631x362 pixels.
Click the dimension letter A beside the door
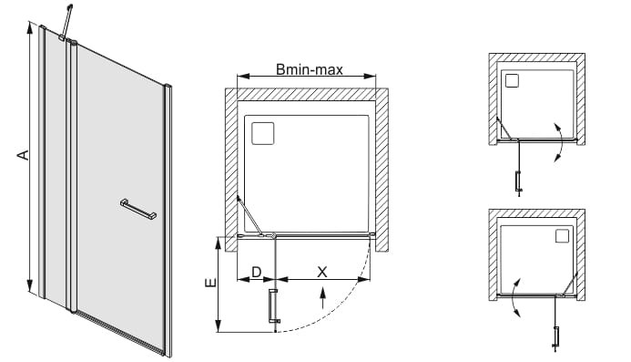pos(25,155)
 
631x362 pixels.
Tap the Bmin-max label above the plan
pos(310,69)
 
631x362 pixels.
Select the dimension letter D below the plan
pos(257,273)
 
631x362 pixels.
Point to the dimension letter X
pos(322,273)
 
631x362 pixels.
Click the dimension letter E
pos(211,283)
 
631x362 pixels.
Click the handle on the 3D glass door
pos(138,209)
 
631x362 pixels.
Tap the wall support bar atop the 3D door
pos(66,22)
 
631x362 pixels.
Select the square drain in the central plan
pos(263,133)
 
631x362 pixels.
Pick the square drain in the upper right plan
pos(513,80)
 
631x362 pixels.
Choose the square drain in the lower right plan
pos(562,236)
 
